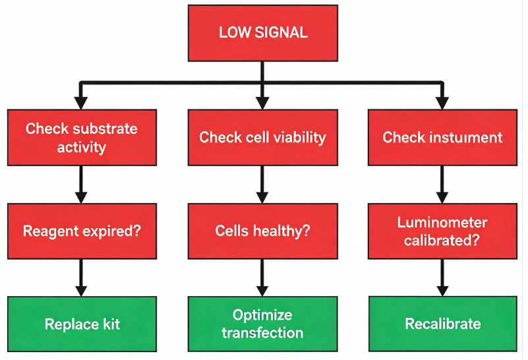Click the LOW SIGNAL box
[x=262, y=33]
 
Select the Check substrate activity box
[x=82, y=137]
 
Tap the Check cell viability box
[x=262, y=137]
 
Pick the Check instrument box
[x=442, y=137]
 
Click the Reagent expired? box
[x=82, y=231]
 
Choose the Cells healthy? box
[x=262, y=231]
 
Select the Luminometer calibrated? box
[x=442, y=231]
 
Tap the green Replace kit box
[x=82, y=324]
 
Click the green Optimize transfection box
[x=262, y=324]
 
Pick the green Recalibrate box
[x=442, y=324]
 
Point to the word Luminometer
[x=442, y=222]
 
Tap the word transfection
[x=262, y=333]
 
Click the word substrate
[x=105, y=129]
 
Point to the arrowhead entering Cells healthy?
[x=262, y=198]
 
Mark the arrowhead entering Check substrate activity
[x=81, y=104]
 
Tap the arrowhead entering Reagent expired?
[x=81, y=198]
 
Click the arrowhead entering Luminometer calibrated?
[x=442, y=198]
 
